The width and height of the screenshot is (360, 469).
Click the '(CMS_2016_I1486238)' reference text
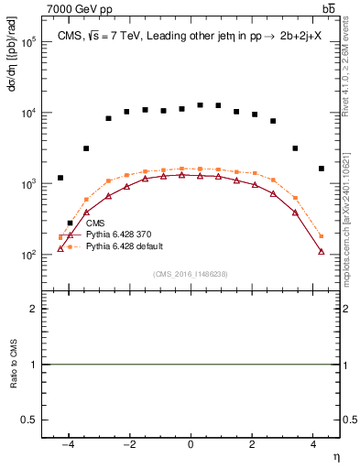pos(191,275)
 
